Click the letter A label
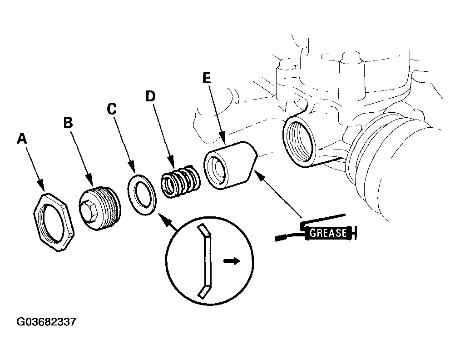(x=22, y=139)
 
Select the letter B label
(x=68, y=123)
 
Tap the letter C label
(x=112, y=109)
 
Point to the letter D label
(x=150, y=96)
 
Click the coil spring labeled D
(x=181, y=181)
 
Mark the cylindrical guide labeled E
(x=230, y=166)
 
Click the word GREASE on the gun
(x=328, y=233)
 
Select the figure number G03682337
(x=46, y=322)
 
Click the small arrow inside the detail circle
(x=232, y=261)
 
